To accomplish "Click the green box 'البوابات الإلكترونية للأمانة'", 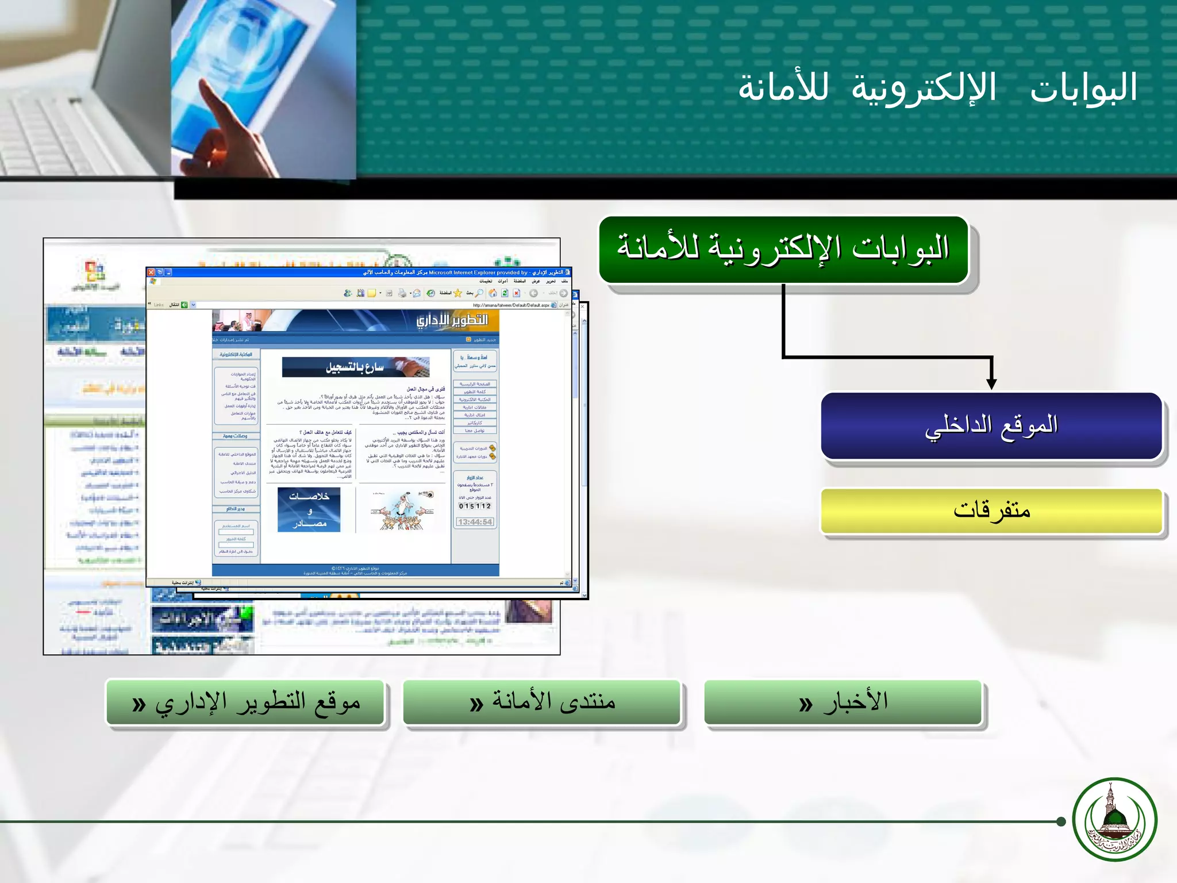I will tap(783, 249).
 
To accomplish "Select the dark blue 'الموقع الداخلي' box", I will tap(991, 426).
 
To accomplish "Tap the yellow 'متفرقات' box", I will tap(991, 510).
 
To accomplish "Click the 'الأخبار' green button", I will tap(843, 702).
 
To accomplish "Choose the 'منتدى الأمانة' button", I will tap(541, 702).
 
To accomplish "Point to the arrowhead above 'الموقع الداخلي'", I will tap(991, 383).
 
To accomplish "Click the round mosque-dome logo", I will tap(1114, 819).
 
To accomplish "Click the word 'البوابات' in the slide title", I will tap(1083, 88).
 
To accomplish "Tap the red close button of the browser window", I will tap(151, 272).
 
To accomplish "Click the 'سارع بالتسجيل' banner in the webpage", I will tap(355, 367).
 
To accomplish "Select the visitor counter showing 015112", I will tap(475, 506).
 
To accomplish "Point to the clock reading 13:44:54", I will tap(475, 522).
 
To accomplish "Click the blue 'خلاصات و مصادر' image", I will tap(309, 509).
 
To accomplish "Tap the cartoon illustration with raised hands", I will tap(402, 510).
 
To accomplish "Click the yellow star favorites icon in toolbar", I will tap(457, 293).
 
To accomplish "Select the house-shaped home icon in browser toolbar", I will tap(493, 293).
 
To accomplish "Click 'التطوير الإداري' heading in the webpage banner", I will tap(452, 320).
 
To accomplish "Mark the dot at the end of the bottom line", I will tap(1061, 821).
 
